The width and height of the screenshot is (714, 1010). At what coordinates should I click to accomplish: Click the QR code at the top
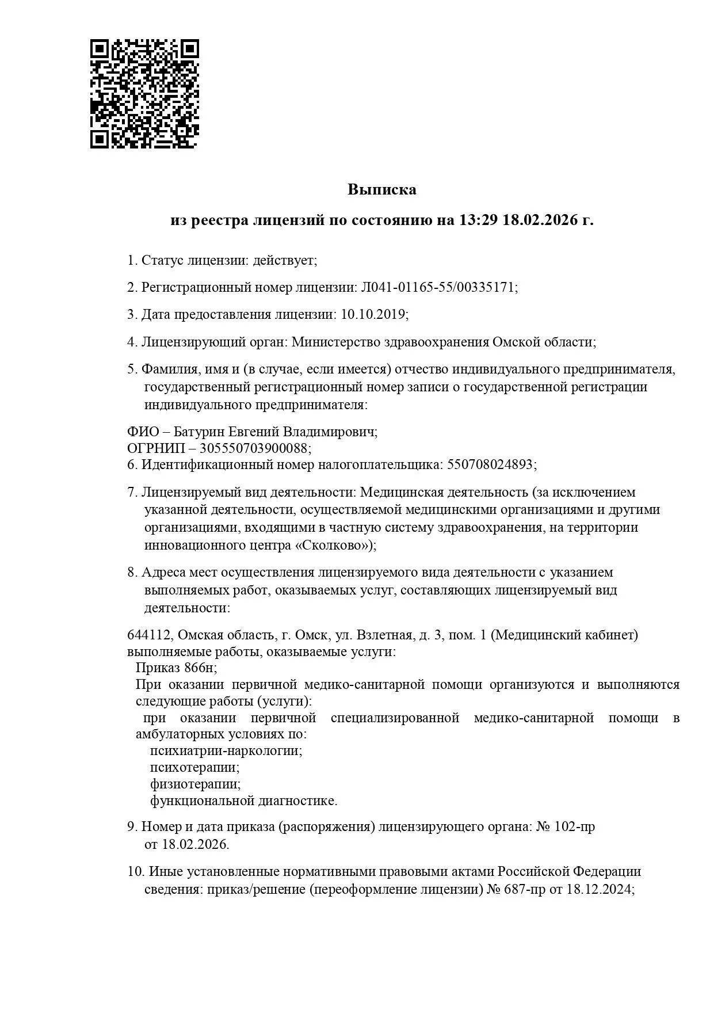pos(144,94)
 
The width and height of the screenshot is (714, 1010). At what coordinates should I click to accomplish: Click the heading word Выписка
pos(381,189)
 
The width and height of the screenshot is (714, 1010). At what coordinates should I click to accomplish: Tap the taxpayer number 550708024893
pos(490,464)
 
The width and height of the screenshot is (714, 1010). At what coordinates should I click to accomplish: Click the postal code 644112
pos(149,635)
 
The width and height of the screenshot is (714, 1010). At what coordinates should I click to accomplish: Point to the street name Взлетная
pos(385,635)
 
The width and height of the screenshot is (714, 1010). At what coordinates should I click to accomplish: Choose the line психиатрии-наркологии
pos(226,750)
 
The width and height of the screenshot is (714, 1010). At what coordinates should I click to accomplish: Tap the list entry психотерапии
pos(194,767)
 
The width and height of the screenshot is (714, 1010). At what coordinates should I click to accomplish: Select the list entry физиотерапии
pos(195,784)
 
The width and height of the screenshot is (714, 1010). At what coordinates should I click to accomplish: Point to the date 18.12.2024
pos(599,905)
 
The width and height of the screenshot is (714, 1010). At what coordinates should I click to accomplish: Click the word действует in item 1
pos(285,260)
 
